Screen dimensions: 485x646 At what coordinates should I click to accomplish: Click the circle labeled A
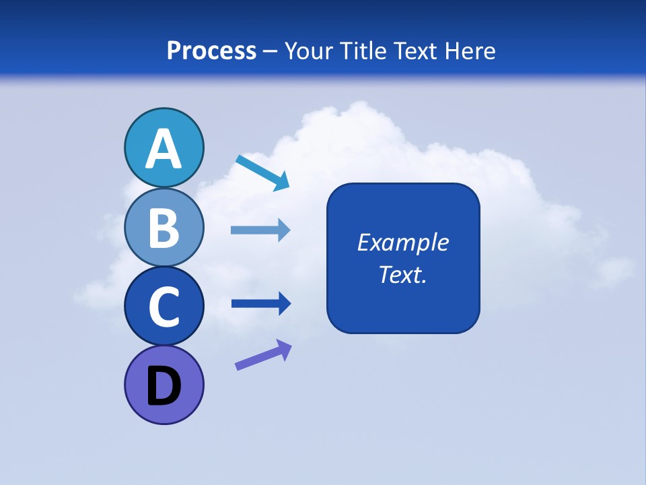(x=164, y=148)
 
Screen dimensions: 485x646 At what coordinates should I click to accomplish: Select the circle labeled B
(x=164, y=227)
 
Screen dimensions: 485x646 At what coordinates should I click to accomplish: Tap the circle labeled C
(x=164, y=306)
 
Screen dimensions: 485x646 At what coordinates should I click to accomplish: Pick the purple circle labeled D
(x=164, y=385)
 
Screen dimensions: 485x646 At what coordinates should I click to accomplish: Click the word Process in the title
(x=211, y=51)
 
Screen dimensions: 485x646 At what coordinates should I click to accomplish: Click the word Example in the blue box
(x=402, y=243)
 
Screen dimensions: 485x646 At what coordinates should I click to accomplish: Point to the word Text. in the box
(x=402, y=274)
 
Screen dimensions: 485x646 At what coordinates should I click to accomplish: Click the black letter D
(x=164, y=386)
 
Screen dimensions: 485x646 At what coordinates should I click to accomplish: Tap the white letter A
(x=164, y=149)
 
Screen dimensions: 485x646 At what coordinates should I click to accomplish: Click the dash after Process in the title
(x=271, y=51)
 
